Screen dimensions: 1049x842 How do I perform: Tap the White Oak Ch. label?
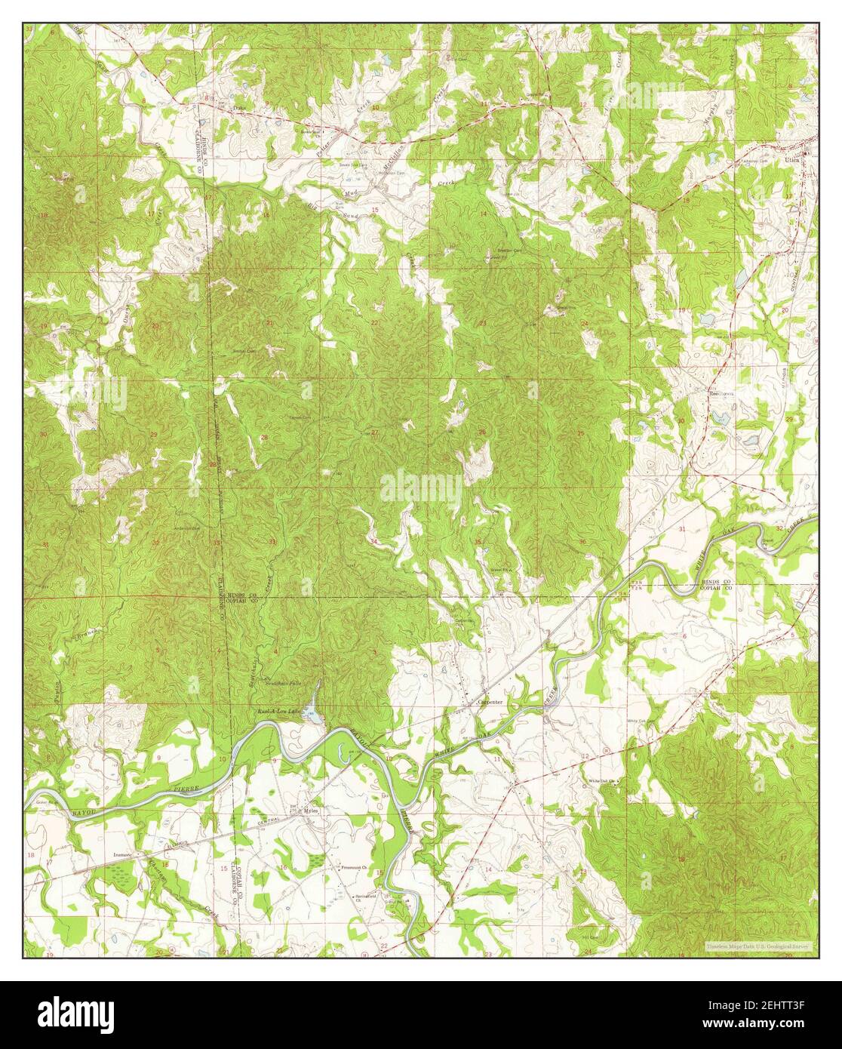[x=604, y=781]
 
